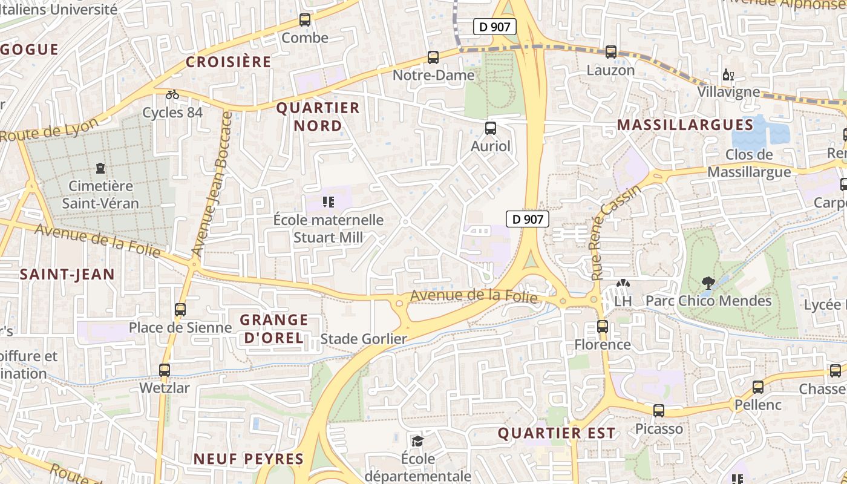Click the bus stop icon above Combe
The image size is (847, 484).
pos(305,20)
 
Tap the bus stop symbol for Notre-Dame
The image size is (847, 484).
pos(433,57)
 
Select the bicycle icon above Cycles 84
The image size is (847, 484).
pos(172,94)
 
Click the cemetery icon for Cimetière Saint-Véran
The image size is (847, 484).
pos(100,168)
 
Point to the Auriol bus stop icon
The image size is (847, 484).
pos(491,128)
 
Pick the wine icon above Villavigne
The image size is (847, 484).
pos(728,76)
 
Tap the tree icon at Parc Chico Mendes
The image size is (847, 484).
pos(707,283)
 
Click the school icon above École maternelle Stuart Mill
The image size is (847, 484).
pos(329,201)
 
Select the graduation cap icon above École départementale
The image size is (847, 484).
pos(417,440)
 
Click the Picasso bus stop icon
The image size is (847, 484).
pos(659,411)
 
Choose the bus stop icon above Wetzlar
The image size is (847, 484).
pos(165,370)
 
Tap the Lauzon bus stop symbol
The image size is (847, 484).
pos(611,52)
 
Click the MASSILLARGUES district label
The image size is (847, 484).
pos(685,125)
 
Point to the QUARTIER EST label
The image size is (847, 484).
pos(557,433)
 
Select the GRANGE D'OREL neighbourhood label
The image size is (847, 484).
pos(274,329)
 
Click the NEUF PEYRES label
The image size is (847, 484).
pos(249,459)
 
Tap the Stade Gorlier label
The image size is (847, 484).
pos(364,339)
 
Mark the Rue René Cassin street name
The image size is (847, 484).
pos(615,233)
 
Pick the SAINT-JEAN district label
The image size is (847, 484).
pos(67,274)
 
